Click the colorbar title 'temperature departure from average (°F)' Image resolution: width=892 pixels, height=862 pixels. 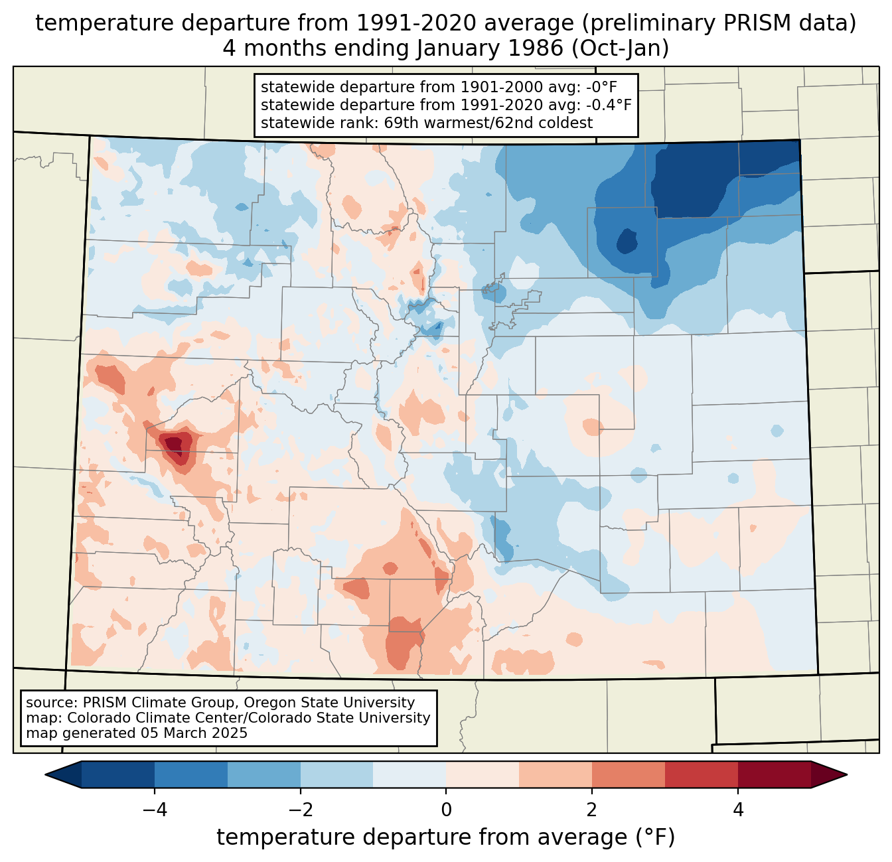[x=446, y=837]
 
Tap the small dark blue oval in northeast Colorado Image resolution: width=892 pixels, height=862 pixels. [x=627, y=241]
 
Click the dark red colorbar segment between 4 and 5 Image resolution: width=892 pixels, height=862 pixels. [x=774, y=774]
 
